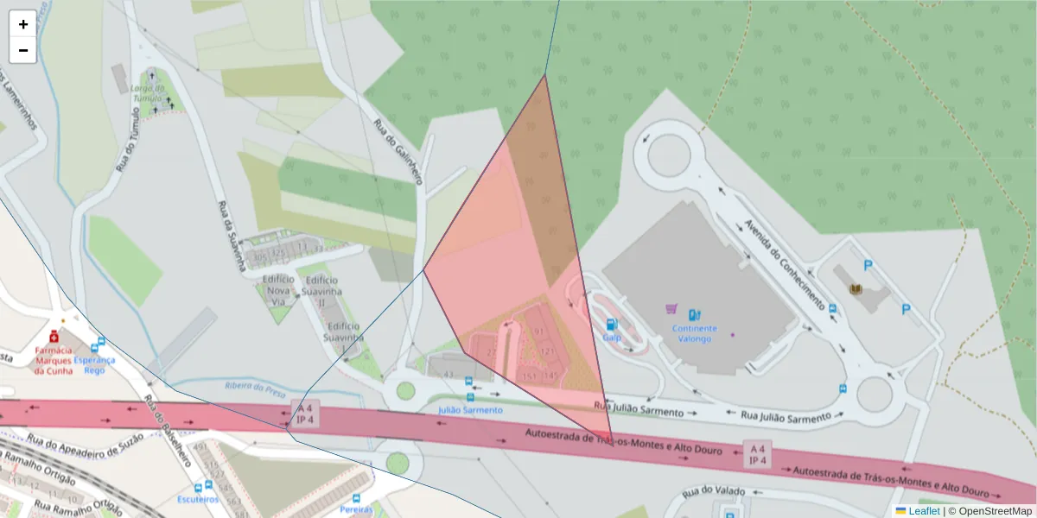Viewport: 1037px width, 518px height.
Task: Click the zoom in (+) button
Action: (x=23, y=24)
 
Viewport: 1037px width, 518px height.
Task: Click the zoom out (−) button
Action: (x=23, y=50)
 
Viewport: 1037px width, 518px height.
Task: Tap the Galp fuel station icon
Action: (x=612, y=325)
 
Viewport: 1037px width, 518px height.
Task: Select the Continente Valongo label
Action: (x=693, y=333)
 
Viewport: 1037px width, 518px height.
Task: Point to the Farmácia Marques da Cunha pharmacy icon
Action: (x=54, y=335)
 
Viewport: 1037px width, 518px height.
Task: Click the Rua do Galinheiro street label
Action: (x=398, y=151)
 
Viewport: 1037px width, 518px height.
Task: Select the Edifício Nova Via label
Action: (x=278, y=291)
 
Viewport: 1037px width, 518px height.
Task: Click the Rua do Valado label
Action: (x=713, y=492)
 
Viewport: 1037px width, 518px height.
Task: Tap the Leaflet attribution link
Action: (x=924, y=511)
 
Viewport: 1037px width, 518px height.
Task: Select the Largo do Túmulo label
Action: (x=147, y=92)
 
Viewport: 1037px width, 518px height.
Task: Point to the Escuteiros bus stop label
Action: (x=197, y=499)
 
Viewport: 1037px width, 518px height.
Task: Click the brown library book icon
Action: (x=856, y=289)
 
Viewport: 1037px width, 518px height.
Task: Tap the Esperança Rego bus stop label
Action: (x=95, y=364)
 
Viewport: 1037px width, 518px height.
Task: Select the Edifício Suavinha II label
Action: (x=321, y=291)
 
